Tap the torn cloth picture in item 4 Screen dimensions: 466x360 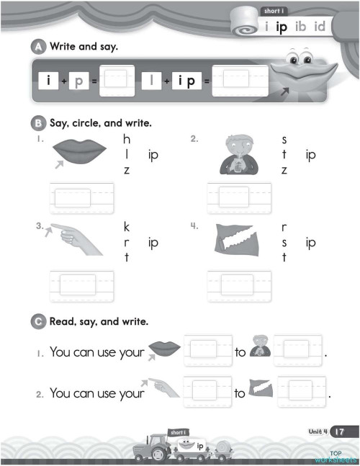[237, 240]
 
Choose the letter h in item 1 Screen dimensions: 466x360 [127, 139]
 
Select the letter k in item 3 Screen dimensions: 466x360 [127, 226]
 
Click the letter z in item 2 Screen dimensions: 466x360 [284, 171]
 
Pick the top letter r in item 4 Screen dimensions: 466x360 [285, 226]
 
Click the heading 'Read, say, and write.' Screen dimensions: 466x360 [99, 321]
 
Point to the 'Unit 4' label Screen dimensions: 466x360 [318, 431]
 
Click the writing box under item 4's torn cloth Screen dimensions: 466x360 [240, 284]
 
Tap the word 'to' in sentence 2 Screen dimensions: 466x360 [240, 394]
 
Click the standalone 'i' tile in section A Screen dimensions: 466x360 [48, 81]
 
